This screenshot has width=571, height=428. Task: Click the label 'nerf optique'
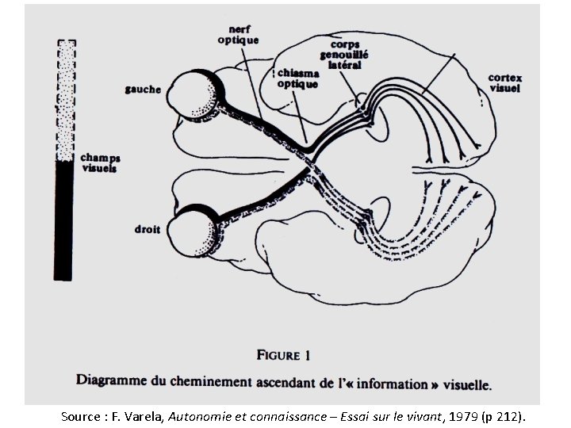tap(238, 34)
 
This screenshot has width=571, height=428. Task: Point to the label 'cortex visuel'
tap(504, 83)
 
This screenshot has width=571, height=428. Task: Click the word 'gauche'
tap(143, 89)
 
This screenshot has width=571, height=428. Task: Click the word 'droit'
tap(148, 230)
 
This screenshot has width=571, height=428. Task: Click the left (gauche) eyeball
tap(194, 96)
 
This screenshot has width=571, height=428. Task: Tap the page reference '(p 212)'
tap(502, 415)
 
